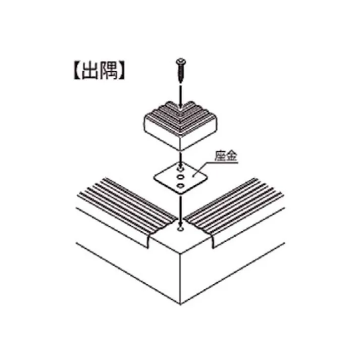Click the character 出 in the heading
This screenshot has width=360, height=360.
click(90, 71)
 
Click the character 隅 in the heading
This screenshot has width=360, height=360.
click(109, 71)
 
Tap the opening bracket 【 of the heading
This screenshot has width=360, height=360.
click(77, 71)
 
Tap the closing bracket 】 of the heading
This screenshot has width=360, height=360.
click(122, 71)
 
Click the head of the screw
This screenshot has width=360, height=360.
click(181, 61)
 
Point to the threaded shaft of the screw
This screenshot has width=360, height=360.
click(181, 73)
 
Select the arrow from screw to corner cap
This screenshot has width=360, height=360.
click(181, 96)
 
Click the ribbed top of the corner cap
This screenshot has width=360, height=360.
click(180, 119)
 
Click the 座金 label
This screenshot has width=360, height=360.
click(226, 156)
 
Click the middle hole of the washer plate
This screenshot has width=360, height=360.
click(181, 177)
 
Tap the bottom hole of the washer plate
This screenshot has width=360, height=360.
click(181, 185)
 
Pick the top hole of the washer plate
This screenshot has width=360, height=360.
click(181, 170)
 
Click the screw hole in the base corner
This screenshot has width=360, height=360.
click(181, 229)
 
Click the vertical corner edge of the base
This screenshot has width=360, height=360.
click(180, 279)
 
